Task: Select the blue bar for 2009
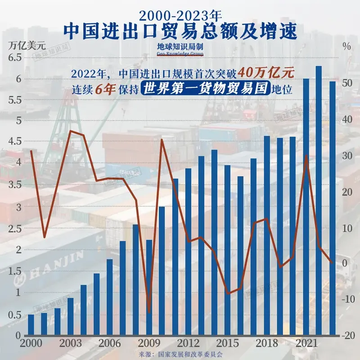[x=149, y=288]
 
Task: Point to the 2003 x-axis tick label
[x=71, y=343]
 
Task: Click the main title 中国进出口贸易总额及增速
[x=180, y=31]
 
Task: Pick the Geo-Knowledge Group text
[x=180, y=54]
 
